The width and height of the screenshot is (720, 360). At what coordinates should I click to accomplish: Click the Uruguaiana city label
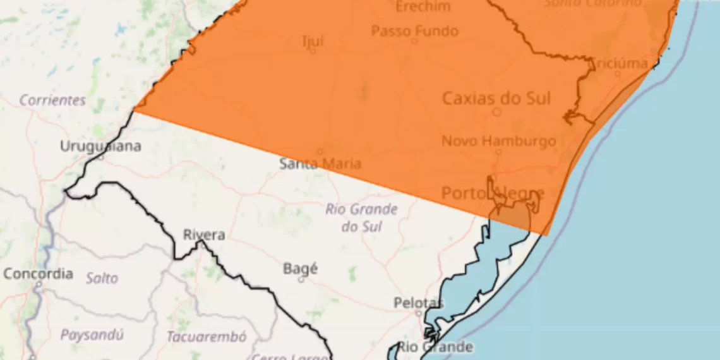(x=100, y=147)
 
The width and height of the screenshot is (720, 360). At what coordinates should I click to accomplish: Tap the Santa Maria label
(x=320, y=164)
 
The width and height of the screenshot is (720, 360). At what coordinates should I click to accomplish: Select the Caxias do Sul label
(x=496, y=99)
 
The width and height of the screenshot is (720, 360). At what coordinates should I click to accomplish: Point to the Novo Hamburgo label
(x=498, y=141)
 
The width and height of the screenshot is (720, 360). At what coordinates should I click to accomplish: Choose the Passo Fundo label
(x=414, y=31)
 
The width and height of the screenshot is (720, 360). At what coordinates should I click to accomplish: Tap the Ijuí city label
(x=313, y=42)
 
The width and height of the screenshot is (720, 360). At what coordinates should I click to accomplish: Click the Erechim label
(x=423, y=7)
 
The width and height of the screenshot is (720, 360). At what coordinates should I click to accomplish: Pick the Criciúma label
(x=618, y=63)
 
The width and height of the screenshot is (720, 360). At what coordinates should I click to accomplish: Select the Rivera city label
(x=204, y=235)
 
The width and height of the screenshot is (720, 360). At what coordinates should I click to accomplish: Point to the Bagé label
(x=300, y=268)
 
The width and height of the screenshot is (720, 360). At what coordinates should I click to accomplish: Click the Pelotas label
(x=419, y=303)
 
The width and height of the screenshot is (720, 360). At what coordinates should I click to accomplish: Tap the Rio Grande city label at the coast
(x=435, y=347)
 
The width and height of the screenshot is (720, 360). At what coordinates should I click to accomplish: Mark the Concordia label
(x=38, y=274)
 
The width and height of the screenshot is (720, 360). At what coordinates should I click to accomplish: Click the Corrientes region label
(x=52, y=100)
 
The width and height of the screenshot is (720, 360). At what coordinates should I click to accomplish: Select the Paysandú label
(x=92, y=335)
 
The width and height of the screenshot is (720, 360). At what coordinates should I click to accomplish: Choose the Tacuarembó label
(x=207, y=337)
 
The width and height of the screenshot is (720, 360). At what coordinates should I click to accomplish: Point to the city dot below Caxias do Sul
(x=497, y=112)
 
